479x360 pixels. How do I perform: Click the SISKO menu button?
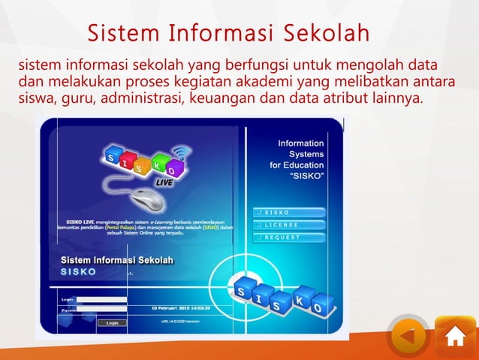(x=290, y=213)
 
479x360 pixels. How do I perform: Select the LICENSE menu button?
(x=290, y=225)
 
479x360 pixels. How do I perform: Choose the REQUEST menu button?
(x=290, y=237)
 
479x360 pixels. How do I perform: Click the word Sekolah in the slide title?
(x=324, y=34)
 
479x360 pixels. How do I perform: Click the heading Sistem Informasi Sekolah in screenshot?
(x=116, y=260)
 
